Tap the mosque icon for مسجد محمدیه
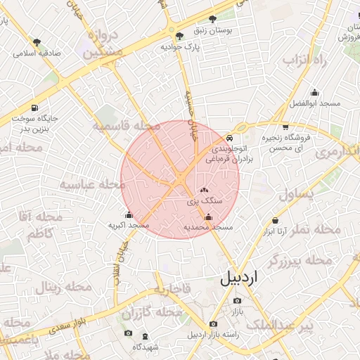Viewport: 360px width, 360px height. coord(207,217)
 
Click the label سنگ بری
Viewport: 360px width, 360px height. coord(204,200)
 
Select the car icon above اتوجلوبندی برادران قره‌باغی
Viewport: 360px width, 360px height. coord(230,138)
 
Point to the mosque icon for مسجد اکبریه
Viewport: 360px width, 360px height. coord(128,215)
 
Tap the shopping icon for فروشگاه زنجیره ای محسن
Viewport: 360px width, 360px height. coord(285,127)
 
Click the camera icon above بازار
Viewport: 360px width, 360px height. coord(236,300)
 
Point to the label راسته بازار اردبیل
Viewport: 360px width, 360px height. coord(213,335)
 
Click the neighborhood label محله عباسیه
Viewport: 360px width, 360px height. coord(91,184)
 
